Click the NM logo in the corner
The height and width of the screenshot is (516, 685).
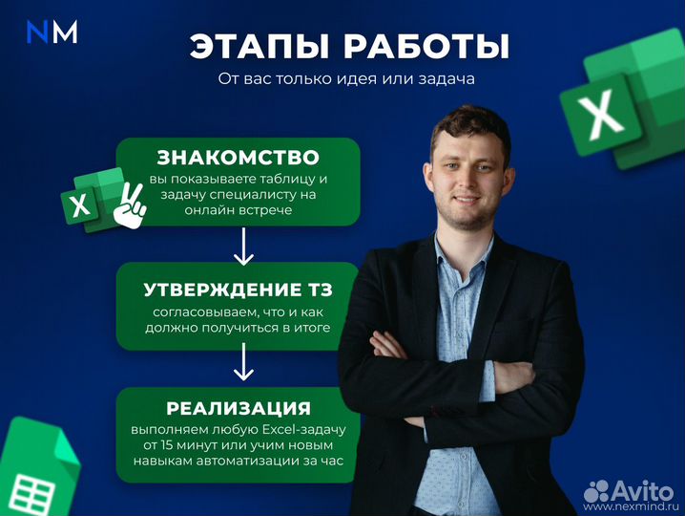pyautogui.click(x=52, y=32)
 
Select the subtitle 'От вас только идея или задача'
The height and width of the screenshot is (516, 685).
pyautogui.click(x=345, y=79)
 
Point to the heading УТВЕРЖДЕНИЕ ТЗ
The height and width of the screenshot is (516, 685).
pyautogui.click(x=238, y=290)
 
